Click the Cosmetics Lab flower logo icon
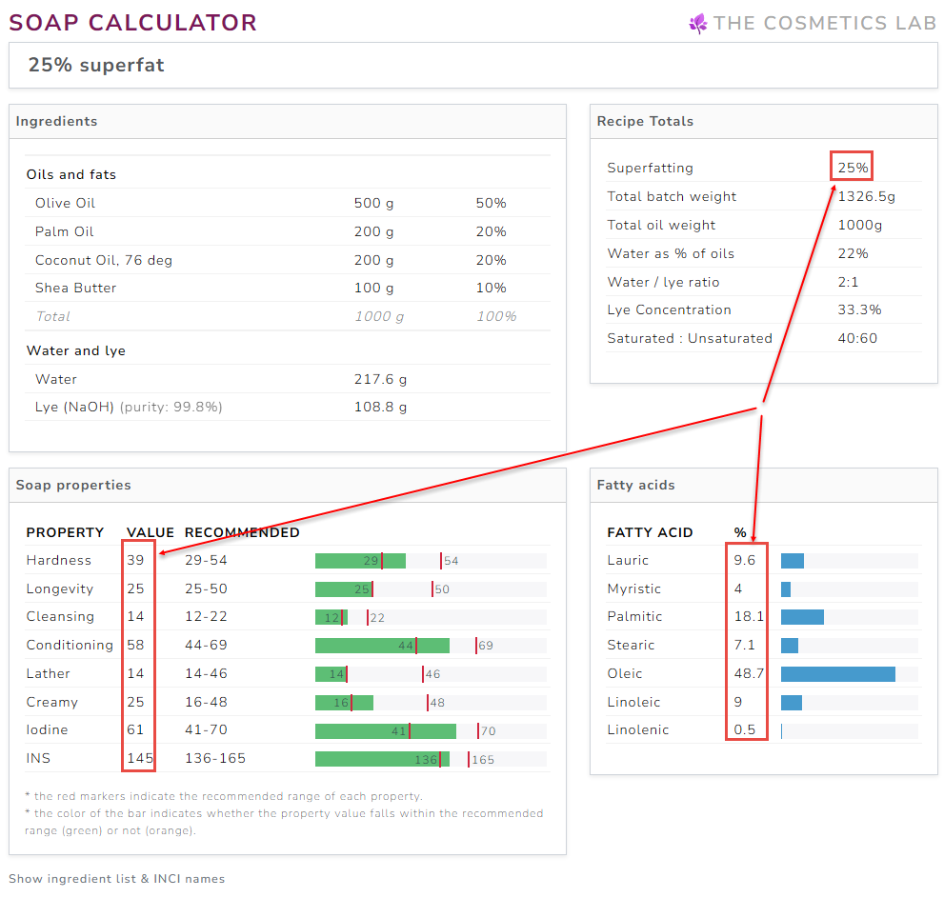tap(698, 24)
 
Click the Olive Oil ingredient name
tap(65, 203)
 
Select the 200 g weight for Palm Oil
tap(373, 231)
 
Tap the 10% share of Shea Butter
tap(491, 288)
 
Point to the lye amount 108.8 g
tap(380, 407)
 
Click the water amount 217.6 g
tap(380, 379)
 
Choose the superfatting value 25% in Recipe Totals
tap(853, 168)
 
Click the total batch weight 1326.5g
tap(866, 196)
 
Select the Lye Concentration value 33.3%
tap(859, 309)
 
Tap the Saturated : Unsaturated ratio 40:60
tap(857, 338)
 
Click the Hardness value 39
tap(135, 560)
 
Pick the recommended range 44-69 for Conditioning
tap(206, 645)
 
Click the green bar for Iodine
tap(385, 730)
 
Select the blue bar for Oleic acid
tap(837, 674)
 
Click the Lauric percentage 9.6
tap(744, 560)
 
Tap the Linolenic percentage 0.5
tap(744, 729)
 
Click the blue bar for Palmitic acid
tap(802, 617)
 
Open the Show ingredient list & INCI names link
tap(116, 879)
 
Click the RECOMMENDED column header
tap(242, 532)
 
